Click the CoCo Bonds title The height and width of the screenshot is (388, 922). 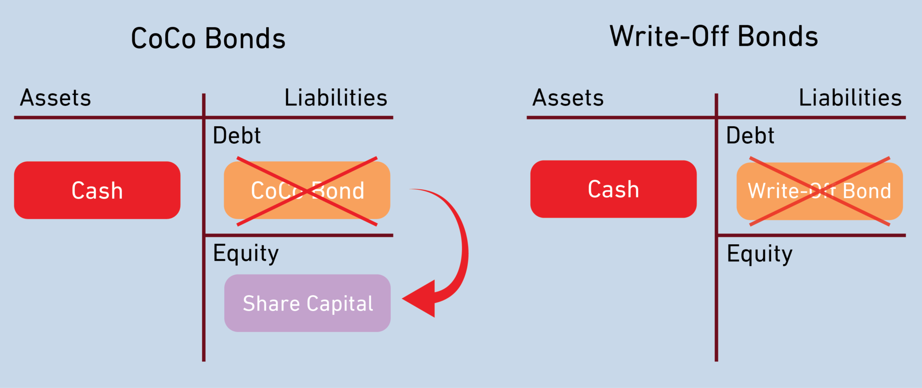coord(208,38)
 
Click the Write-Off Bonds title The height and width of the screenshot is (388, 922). coord(714,36)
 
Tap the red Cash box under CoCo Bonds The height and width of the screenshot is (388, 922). coord(97,190)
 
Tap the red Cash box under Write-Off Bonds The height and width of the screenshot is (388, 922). coord(613,189)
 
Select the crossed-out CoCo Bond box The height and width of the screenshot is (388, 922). coord(307,191)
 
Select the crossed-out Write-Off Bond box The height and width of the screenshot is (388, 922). coord(819,191)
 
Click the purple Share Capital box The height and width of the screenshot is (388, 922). coord(307,303)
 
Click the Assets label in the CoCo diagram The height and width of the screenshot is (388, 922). coord(55,98)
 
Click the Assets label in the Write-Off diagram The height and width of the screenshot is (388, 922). coord(568,98)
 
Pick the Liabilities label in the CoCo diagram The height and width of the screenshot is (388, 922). coord(336,98)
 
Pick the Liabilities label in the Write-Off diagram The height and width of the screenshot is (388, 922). coord(850,98)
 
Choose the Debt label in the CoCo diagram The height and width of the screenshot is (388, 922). coord(237,136)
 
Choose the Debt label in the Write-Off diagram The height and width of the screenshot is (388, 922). coord(750,136)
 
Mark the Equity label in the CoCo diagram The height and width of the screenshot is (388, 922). coord(246,254)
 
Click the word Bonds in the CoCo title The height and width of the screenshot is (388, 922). coord(245,38)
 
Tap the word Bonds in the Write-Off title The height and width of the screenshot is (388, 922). coord(778,36)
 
